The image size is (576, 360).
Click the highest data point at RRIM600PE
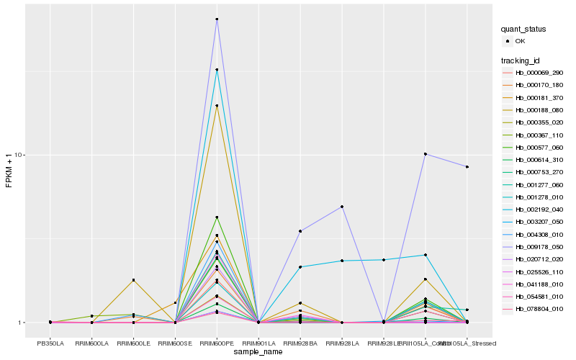click(x=217, y=19)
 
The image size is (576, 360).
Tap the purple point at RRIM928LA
click(x=342, y=207)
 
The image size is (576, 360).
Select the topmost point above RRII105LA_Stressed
click(x=467, y=167)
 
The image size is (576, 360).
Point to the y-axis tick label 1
click(x=23, y=323)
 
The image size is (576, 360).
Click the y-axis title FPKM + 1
click(x=9, y=171)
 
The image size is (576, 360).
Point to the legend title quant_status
click(x=523, y=30)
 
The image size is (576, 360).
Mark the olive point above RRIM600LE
click(x=133, y=280)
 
